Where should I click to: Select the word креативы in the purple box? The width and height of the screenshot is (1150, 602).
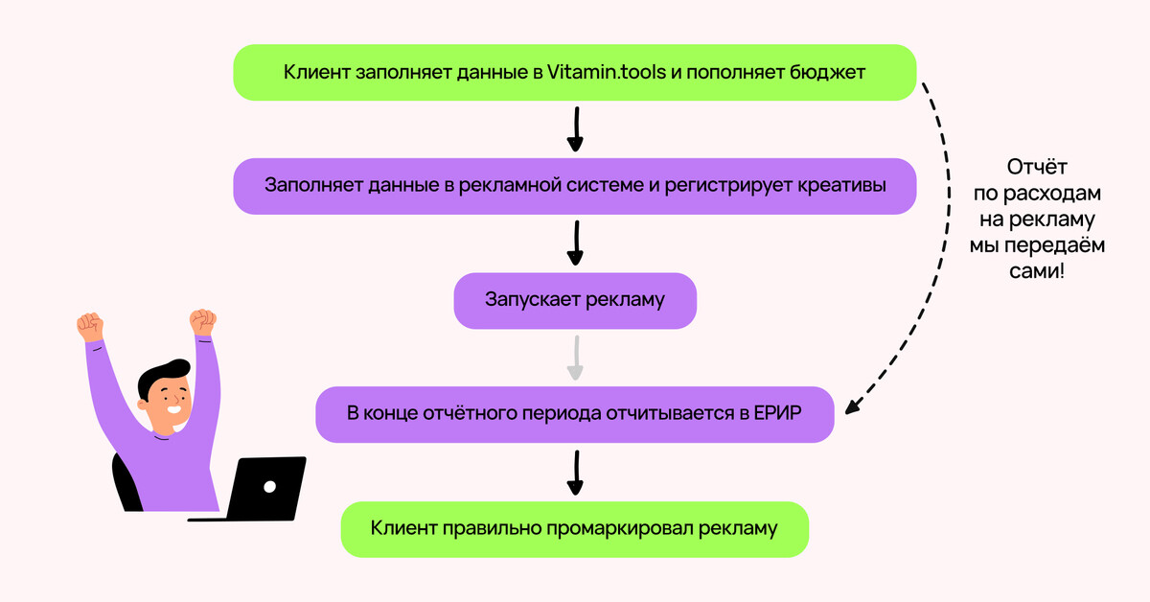(x=840, y=185)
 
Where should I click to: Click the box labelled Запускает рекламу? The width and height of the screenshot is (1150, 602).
(x=574, y=300)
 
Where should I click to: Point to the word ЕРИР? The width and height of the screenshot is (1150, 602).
(x=785, y=414)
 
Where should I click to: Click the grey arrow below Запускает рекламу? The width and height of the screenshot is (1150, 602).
(x=575, y=358)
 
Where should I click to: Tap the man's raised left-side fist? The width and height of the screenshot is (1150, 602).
(x=89, y=326)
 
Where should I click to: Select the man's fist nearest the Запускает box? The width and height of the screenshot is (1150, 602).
(x=202, y=321)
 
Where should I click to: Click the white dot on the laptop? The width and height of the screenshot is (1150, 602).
(x=270, y=486)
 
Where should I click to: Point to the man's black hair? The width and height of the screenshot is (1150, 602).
(x=163, y=375)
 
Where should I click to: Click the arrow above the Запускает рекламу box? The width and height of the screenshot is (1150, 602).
(x=575, y=243)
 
